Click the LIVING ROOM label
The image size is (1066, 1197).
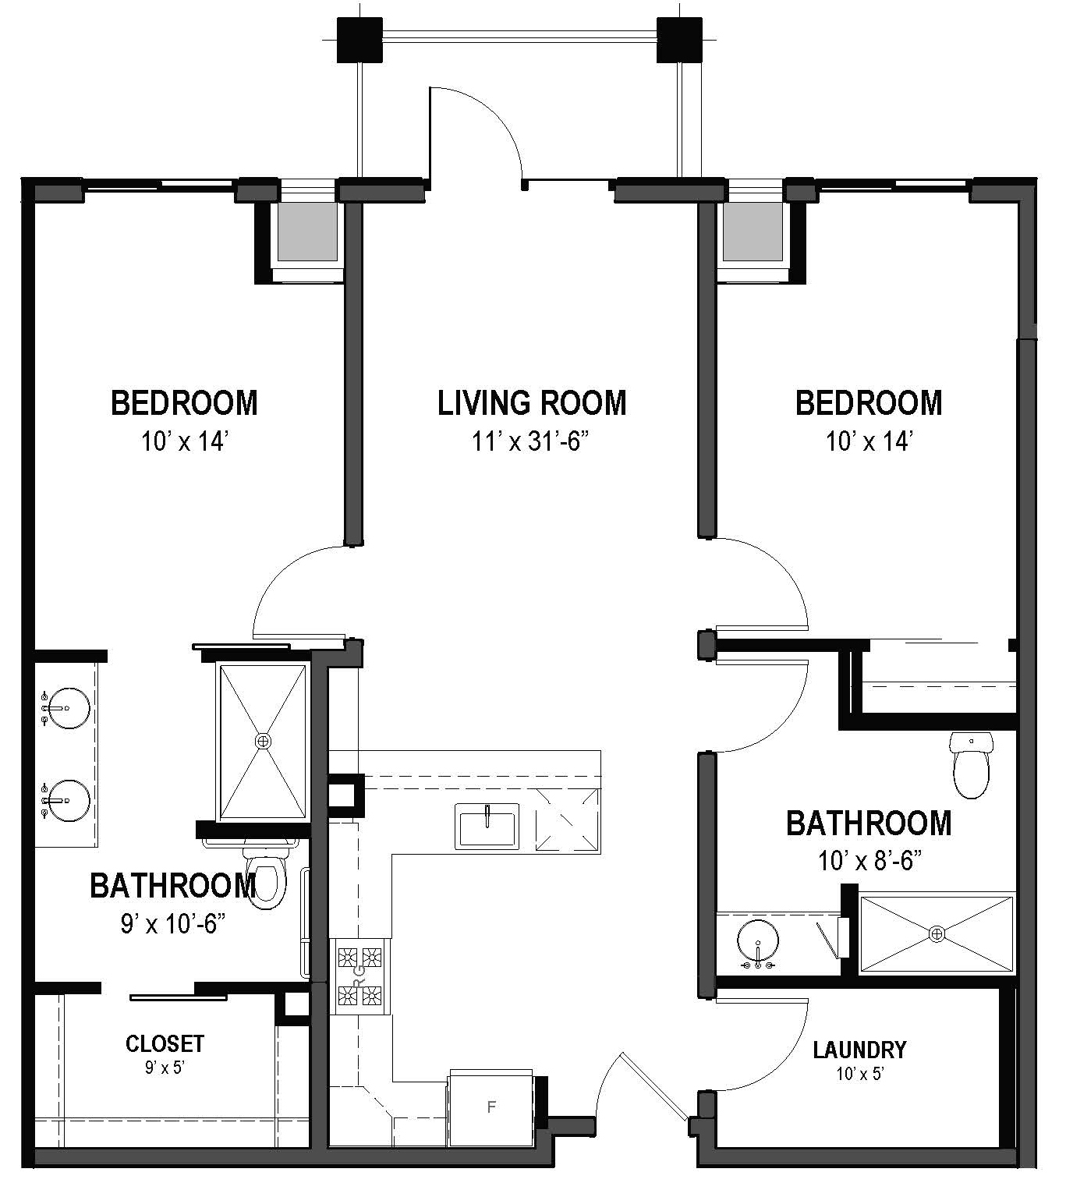point(532,403)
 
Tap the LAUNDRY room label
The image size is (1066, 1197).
point(859,1050)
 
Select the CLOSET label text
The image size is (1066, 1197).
point(165,1043)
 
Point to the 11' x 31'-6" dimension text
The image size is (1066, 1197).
point(529,442)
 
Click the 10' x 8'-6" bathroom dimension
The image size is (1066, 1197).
point(869,861)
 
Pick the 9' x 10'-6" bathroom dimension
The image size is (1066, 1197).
point(172,924)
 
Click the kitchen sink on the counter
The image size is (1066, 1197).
point(487,827)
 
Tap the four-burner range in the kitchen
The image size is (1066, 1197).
point(359,975)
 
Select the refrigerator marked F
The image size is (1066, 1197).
point(491,1107)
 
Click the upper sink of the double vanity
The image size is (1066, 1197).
point(67,707)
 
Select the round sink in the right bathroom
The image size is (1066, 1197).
point(757,940)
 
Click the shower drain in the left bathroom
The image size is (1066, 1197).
point(264,740)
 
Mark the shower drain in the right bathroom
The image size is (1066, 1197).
point(937,933)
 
